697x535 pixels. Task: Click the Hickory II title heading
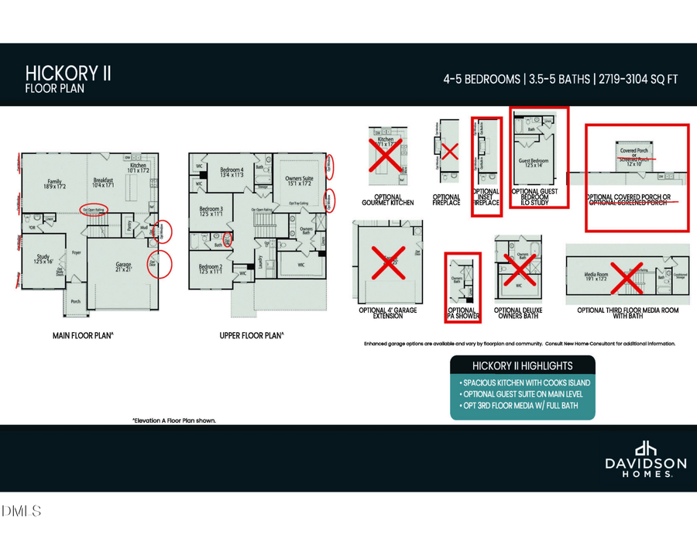[x=68, y=74]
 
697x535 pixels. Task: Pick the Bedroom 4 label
[x=232, y=172]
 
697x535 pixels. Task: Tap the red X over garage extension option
[x=385, y=262]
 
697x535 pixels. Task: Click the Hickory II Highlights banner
[x=523, y=365]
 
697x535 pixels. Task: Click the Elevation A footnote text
[x=173, y=420]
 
